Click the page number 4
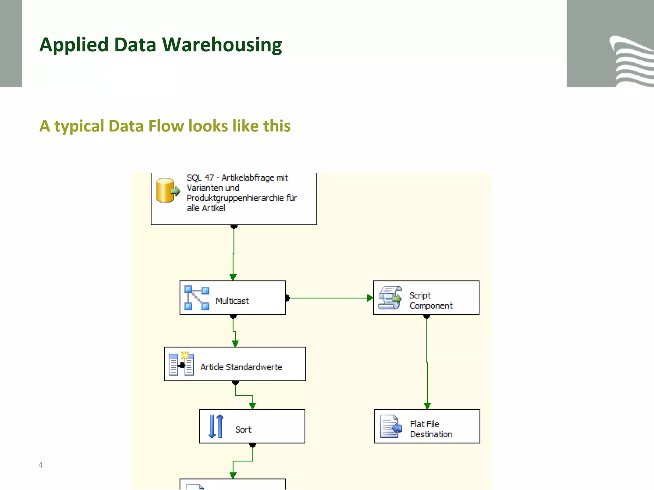point(41,465)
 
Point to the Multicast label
point(232,301)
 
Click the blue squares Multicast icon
point(197,298)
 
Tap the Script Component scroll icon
point(390,298)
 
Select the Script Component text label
point(430,301)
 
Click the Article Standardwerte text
point(241,367)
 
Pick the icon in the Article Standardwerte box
point(181,364)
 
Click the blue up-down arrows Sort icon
point(216,426)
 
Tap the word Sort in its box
point(243,430)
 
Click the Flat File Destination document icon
point(391,427)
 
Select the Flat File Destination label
point(431,429)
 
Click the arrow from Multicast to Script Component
point(329,298)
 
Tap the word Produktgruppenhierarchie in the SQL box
point(235,198)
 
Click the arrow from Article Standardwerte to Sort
point(244,396)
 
